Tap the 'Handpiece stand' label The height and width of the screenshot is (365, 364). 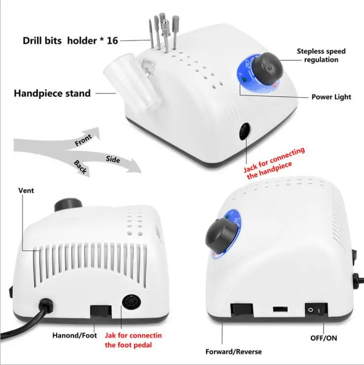tap(52, 93)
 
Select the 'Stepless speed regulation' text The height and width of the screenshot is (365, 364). tap(321, 55)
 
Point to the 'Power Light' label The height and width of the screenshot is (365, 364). tap(331, 97)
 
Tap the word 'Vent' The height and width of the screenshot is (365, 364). tap(26, 190)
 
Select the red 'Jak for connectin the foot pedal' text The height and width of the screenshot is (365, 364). tap(133, 340)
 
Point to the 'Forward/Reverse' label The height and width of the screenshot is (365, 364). tap(233, 352)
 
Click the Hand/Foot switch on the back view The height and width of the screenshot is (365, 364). tap(101, 313)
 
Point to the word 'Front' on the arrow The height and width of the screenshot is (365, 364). tap(83, 142)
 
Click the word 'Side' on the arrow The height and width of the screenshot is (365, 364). tap(112, 159)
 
